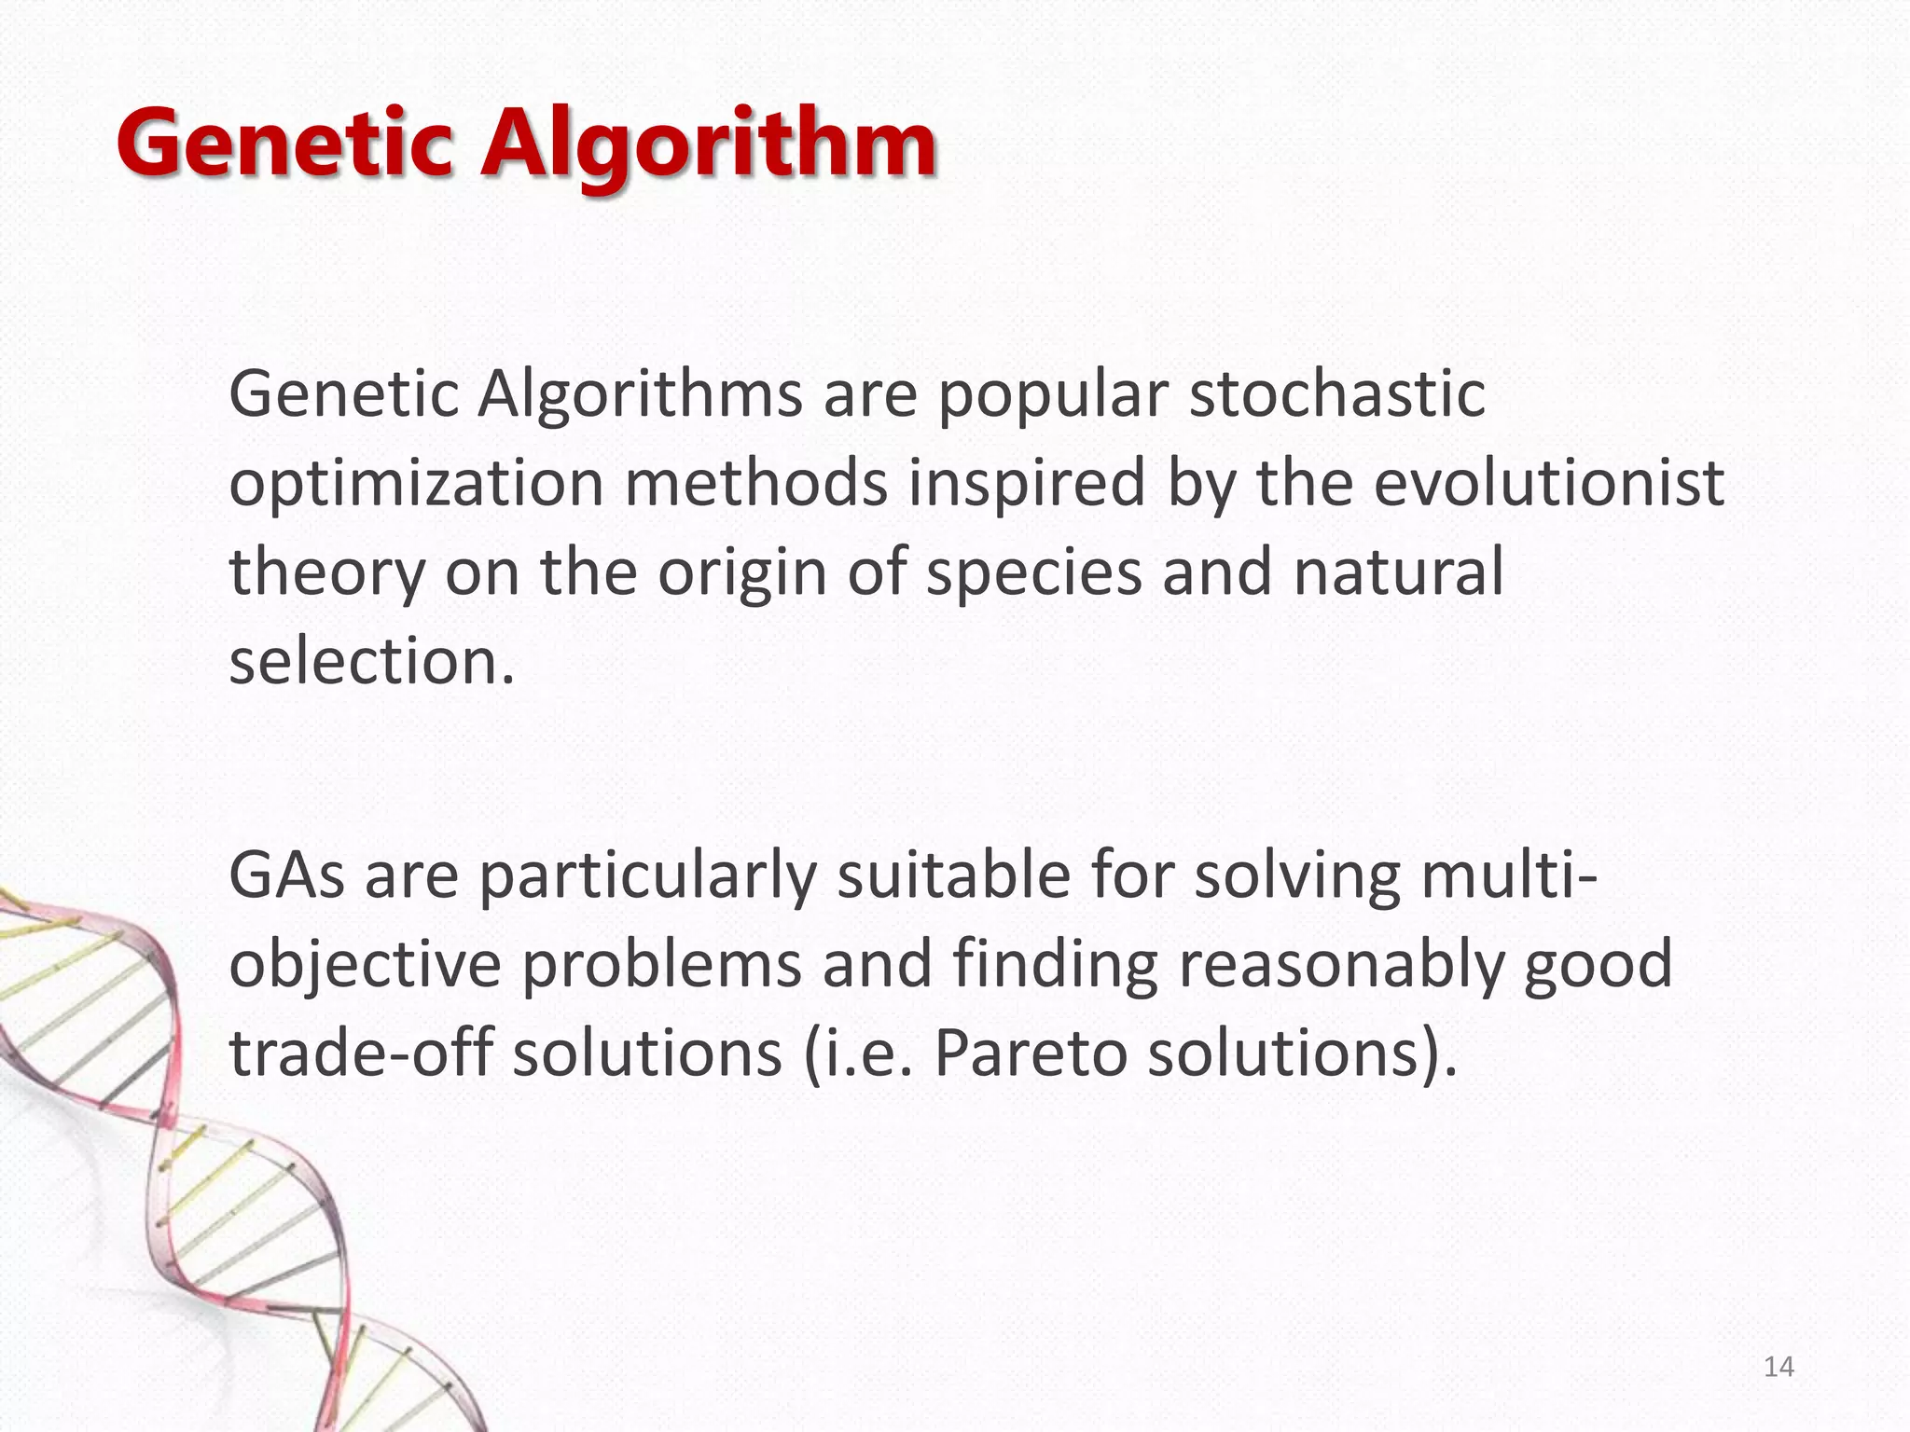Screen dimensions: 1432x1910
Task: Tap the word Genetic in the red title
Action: coord(284,145)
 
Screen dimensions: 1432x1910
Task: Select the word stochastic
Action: coord(1337,394)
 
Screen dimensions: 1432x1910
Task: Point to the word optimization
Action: coord(416,485)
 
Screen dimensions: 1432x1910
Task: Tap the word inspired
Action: coord(1027,485)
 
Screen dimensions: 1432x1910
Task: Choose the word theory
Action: coord(326,573)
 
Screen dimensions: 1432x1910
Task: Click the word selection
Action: coord(371,661)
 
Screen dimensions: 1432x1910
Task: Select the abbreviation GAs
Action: coord(287,875)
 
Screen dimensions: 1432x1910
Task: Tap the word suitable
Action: coord(953,875)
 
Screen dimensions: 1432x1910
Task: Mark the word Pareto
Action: coord(1030,1053)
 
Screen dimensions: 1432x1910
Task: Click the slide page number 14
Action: coord(1779,1367)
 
